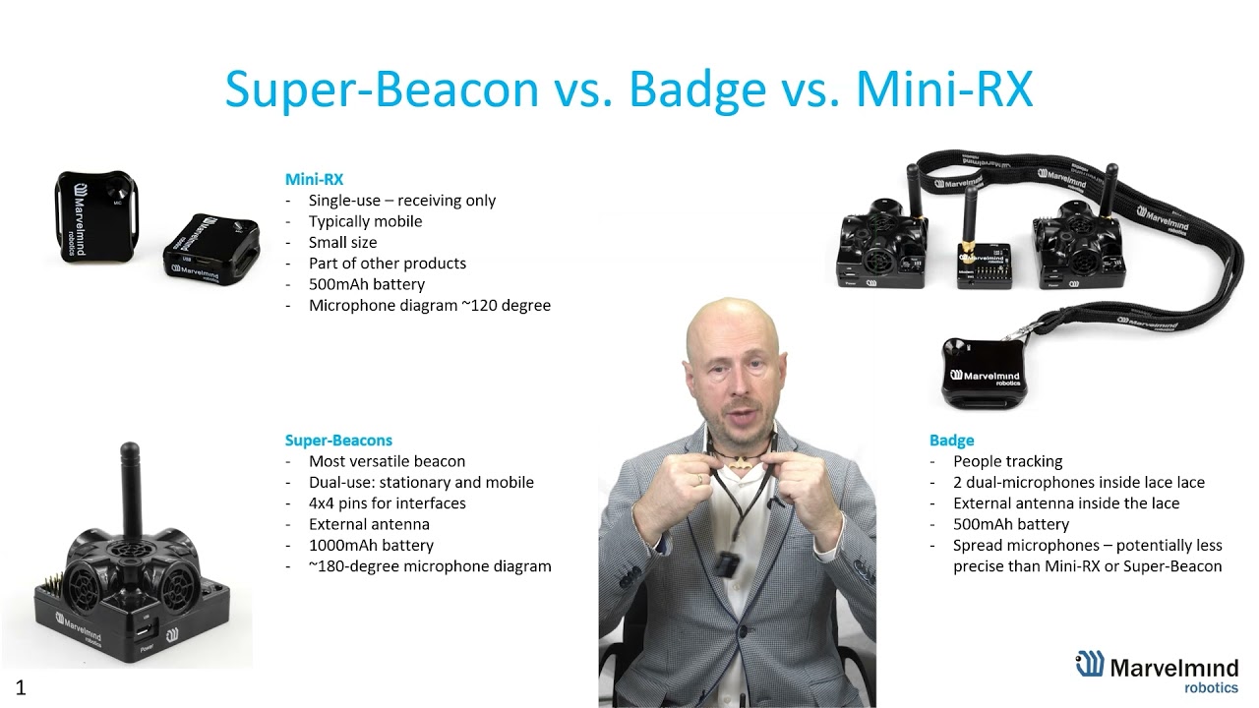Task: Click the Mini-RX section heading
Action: point(314,179)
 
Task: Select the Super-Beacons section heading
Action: point(338,441)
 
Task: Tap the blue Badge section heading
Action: point(951,441)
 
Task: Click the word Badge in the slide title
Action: point(697,89)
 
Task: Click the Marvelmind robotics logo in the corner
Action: point(1156,673)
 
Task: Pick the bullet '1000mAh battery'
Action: point(371,545)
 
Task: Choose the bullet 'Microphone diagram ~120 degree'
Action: point(429,305)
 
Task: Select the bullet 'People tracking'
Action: point(1007,461)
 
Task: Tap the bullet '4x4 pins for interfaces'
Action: point(387,503)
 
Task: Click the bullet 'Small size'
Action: point(342,242)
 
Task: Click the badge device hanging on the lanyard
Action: point(985,373)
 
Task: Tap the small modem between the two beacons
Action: point(980,264)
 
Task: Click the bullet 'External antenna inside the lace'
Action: point(1065,503)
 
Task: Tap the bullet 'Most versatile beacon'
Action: point(387,461)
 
